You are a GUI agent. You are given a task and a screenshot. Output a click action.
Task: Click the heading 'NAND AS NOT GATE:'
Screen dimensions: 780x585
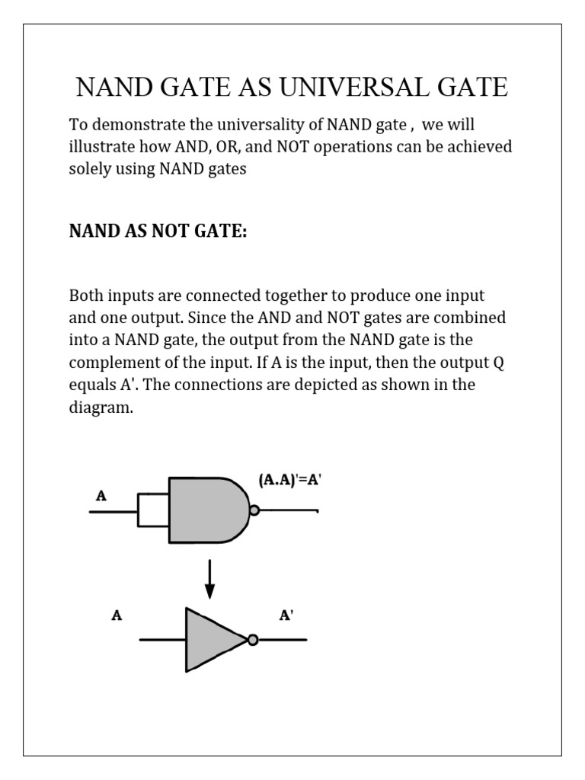tap(158, 232)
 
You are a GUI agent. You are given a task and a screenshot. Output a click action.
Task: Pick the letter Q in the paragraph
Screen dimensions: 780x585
tap(499, 363)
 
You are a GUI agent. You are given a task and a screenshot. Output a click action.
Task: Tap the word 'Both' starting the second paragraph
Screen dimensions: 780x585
tap(85, 295)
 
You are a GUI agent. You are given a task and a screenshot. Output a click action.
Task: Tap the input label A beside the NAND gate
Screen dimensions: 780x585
tap(101, 496)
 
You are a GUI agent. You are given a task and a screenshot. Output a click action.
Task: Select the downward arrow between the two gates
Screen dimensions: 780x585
tap(210, 580)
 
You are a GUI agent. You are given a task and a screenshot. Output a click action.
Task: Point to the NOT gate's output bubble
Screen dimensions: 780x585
tap(253, 640)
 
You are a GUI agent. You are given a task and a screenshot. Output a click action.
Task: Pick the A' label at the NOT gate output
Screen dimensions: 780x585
tap(286, 615)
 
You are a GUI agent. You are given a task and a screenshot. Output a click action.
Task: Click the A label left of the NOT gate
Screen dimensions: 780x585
tap(117, 615)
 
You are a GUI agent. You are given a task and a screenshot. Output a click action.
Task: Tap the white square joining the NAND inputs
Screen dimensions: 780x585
tap(152, 510)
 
